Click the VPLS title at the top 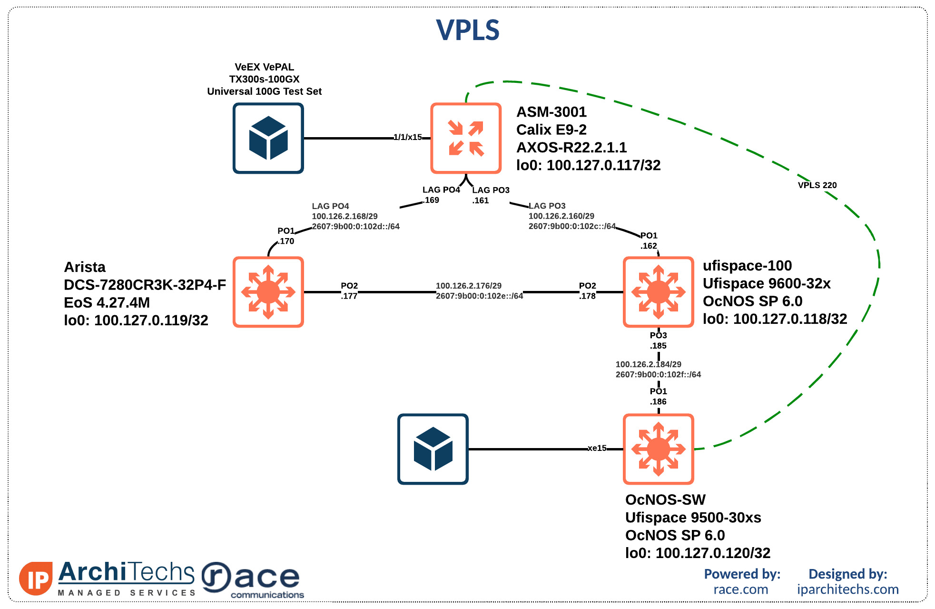click(x=467, y=30)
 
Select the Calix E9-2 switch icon click(x=466, y=138)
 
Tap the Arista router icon click(x=268, y=292)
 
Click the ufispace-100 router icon click(x=658, y=292)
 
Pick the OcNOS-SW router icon click(x=658, y=449)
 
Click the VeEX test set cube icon click(x=268, y=138)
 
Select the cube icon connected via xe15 click(x=433, y=449)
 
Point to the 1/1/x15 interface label click(x=407, y=137)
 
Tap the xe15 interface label click(x=597, y=448)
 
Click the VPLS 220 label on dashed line click(x=817, y=185)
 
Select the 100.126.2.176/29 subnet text click(x=468, y=286)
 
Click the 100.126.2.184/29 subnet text click(x=648, y=364)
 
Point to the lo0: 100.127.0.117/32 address click(x=588, y=165)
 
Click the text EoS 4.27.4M click(x=107, y=302)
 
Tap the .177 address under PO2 click(x=349, y=296)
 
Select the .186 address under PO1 click(x=658, y=402)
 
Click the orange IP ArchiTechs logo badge click(x=36, y=579)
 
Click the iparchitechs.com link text click(x=847, y=589)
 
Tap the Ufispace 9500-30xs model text click(x=693, y=518)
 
